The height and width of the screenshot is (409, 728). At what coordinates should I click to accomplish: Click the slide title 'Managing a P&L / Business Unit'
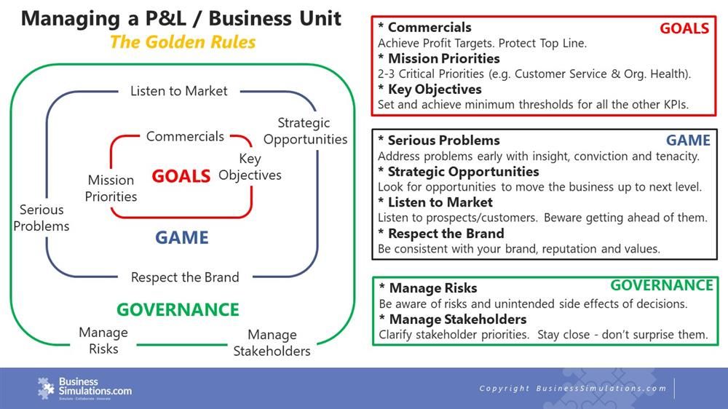click(x=181, y=18)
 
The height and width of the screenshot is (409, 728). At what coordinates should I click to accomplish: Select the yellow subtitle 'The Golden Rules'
click(x=182, y=41)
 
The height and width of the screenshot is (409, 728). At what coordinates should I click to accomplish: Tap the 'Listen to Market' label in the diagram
click(x=178, y=91)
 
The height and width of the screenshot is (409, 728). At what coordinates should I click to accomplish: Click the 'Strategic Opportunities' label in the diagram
click(x=305, y=131)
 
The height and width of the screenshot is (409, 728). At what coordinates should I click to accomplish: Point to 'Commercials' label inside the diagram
click(x=185, y=136)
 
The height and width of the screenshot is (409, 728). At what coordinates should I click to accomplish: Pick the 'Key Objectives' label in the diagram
click(x=250, y=167)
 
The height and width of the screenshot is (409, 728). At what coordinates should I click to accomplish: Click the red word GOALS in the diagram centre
click(x=181, y=175)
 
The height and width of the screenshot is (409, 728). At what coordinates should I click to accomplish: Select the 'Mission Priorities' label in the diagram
click(x=111, y=188)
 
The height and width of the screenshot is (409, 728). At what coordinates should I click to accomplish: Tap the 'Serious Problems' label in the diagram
click(x=41, y=218)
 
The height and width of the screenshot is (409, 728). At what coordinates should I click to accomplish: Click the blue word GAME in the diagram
click(x=181, y=238)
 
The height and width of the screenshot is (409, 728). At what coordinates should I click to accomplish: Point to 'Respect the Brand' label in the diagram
click(x=185, y=277)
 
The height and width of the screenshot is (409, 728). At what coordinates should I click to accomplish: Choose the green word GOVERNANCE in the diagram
click(x=178, y=309)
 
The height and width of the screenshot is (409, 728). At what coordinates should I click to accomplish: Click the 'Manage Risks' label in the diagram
click(x=103, y=340)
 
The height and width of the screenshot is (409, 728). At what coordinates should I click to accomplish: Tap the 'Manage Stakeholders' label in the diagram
click(x=272, y=343)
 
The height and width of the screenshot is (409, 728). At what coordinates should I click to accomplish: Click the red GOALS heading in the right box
click(x=684, y=28)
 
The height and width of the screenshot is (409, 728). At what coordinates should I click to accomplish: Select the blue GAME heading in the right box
click(x=688, y=140)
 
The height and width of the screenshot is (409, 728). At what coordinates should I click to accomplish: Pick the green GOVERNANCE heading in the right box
click(x=661, y=285)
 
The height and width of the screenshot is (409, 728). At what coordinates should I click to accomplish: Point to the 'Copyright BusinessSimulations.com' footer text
click(x=573, y=389)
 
